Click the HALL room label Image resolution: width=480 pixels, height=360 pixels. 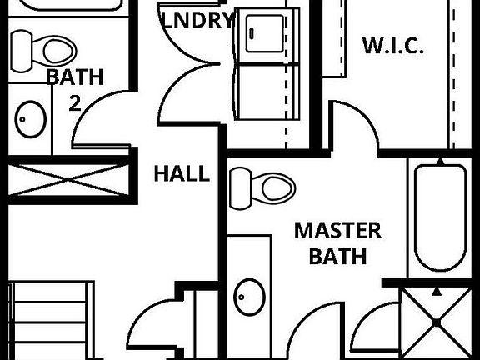coord(182,173)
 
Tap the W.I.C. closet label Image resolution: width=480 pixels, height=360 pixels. coord(393,46)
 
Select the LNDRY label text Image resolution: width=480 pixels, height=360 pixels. coord(197,20)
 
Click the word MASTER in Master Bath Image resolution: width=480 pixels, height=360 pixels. coord(338,231)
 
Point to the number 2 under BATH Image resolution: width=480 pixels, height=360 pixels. coord(75,103)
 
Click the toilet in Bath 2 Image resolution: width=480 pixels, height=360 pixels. coord(43,51)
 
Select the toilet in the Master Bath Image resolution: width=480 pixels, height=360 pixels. coord(262,188)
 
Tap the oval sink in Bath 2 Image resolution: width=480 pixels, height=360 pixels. coord(31,119)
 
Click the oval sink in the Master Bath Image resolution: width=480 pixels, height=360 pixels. coord(249,297)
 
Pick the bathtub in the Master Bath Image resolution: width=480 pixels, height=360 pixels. coord(440,217)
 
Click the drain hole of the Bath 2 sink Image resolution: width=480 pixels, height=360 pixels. coord(22,119)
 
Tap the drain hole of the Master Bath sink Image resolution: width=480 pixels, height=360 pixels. coord(241,297)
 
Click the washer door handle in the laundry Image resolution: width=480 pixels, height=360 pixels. coord(252,33)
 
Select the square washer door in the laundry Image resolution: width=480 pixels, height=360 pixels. coord(265,33)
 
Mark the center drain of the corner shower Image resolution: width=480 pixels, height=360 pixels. coord(437,322)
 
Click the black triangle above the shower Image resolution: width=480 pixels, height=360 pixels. coord(437,292)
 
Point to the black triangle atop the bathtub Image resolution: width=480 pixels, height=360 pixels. coord(440,162)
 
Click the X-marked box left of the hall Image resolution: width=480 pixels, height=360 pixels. coord(68,179)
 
